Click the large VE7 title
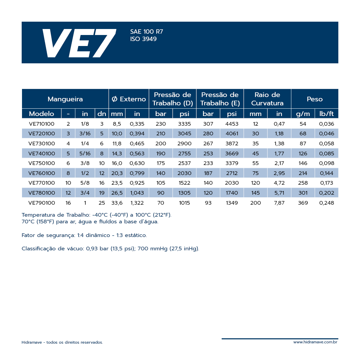(79, 43)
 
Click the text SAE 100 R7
(147, 32)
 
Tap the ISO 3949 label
(143, 39)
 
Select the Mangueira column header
(65, 99)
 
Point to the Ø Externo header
(129, 99)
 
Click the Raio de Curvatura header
(267, 99)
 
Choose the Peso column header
(315, 99)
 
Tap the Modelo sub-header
(41, 114)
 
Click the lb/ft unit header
(326, 114)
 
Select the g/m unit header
(303, 114)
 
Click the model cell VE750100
(41, 163)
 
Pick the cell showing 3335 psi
(184, 124)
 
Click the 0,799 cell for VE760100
(137, 173)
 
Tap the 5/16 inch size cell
(85, 154)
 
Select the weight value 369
(303, 203)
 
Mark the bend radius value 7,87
(279, 203)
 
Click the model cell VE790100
(41, 203)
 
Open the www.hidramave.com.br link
(315, 342)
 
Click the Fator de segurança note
(84, 235)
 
